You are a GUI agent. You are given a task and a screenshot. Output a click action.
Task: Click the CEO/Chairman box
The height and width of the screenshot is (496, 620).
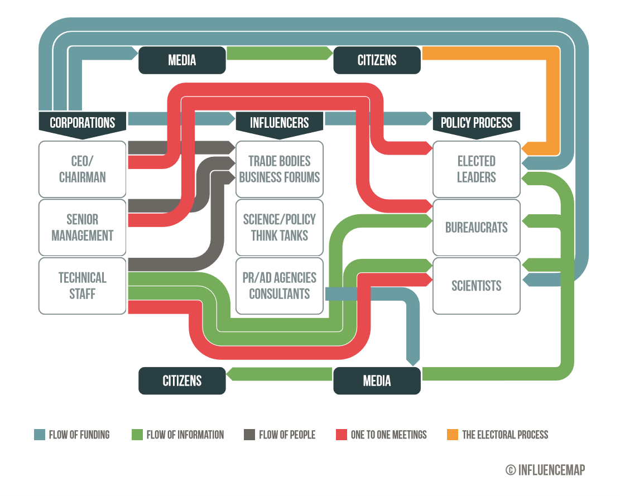coord(83,169)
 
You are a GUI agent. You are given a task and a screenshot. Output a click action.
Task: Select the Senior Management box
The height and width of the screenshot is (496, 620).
coord(83,227)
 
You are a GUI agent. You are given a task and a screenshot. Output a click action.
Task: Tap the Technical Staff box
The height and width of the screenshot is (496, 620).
coord(83,285)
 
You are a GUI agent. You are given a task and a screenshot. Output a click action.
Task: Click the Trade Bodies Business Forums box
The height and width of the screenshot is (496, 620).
coord(280,169)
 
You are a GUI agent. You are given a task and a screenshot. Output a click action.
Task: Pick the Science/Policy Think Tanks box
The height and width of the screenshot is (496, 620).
coord(280,227)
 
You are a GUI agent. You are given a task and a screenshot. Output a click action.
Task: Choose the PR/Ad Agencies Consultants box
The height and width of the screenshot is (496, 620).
coord(280,285)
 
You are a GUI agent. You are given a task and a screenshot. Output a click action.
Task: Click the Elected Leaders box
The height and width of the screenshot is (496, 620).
coord(477,169)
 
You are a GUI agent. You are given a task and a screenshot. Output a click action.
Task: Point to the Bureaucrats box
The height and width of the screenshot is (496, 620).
coord(477,227)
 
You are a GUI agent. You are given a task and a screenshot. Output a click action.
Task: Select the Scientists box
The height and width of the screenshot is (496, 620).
coord(477,285)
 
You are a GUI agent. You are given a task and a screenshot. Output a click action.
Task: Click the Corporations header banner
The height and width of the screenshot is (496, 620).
coord(83,122)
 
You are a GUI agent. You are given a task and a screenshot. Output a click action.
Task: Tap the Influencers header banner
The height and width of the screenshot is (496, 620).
coord(280,122)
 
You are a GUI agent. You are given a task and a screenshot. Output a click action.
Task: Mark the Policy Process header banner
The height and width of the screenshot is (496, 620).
coord(477,122)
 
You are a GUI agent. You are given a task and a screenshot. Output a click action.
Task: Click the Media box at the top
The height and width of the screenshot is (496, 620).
coord(182,60)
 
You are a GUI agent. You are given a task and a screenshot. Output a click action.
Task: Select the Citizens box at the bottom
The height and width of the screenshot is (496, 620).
coord(182,381)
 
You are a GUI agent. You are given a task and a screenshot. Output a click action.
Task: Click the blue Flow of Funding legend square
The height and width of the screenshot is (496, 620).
coord(39,435)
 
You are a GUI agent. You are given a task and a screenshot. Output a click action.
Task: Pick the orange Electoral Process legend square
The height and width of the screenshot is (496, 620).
coord(453,435)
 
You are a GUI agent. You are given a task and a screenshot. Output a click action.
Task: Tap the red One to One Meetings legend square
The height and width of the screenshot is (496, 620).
coord(342,435)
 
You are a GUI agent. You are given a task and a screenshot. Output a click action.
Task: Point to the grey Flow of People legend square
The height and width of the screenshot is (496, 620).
coord(249,435)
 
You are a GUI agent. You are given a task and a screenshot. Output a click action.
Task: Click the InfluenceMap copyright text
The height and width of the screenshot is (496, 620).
coord(545,470)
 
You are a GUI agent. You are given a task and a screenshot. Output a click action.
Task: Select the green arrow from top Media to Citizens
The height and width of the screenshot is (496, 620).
coord(279,54)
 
